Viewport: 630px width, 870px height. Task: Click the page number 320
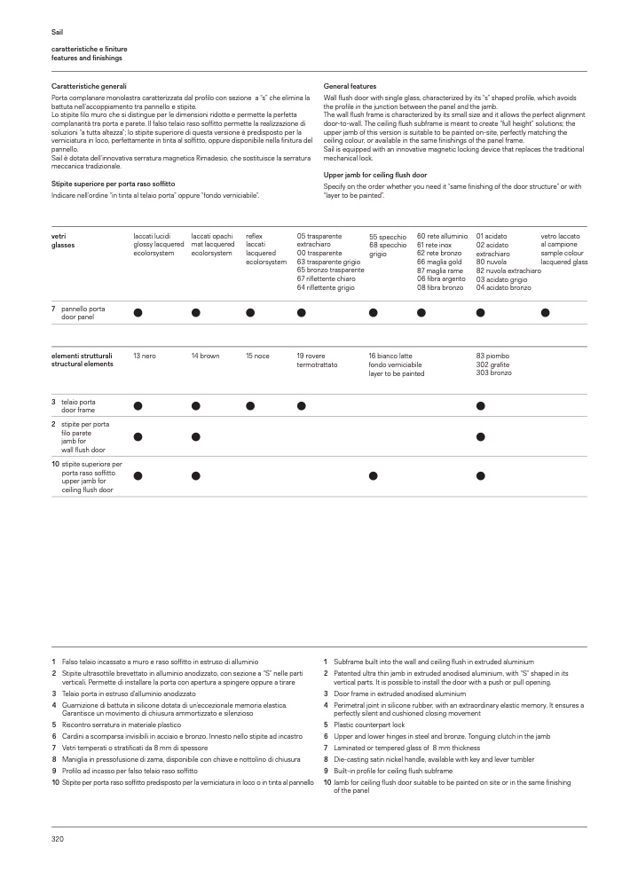[58, 838]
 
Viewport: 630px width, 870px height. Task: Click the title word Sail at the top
[57, 32]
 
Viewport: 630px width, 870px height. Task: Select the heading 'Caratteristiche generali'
[89, 85]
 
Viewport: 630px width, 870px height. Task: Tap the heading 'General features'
[350, 85]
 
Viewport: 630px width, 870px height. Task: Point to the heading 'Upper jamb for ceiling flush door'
[375, 175]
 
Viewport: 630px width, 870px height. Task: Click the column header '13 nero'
[145, 356]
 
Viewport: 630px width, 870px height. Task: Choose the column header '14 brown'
[205, 356]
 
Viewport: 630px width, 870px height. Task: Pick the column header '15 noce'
[257, 356]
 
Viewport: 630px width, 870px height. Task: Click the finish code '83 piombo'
[492, 356]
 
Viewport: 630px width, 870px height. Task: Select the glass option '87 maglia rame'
[440, 270]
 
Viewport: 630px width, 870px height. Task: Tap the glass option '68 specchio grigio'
[388, 249]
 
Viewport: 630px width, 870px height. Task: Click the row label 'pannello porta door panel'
[77, 312]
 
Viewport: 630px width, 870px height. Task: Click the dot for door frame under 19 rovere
[302, 406]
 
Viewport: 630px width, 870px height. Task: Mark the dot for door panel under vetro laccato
[546, 312]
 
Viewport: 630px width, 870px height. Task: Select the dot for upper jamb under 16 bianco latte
[374, 476]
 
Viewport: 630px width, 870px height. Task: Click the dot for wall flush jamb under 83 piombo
[481, 436]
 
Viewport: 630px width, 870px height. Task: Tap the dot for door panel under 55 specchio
[374, 312]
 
